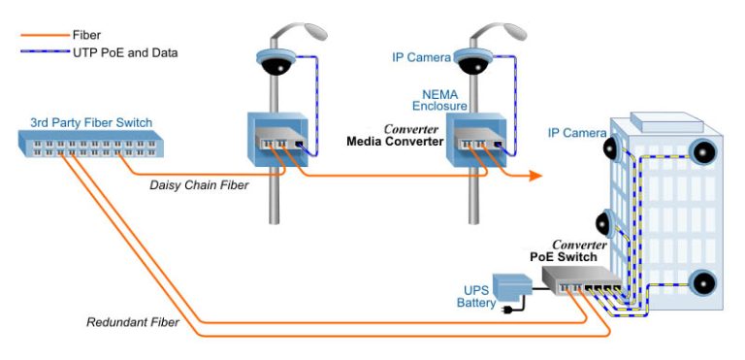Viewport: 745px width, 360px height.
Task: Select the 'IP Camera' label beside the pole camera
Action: [x=420, y=58]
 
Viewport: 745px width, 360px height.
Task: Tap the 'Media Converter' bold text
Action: [x=394, y=142]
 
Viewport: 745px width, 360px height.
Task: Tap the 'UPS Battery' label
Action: [x=475, y=296]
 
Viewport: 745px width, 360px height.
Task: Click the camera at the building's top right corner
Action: [x=701, y=152]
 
